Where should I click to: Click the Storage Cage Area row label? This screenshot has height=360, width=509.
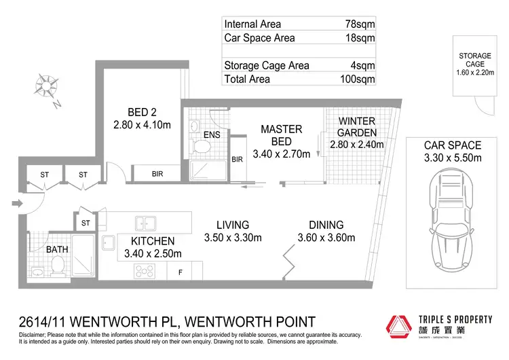pyautogui.click(x=267, y=65)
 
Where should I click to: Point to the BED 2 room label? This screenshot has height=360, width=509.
pyautogui.click(x=142, y=112)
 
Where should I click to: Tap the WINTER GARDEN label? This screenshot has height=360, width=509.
pyautogui.click(x=356, y=127)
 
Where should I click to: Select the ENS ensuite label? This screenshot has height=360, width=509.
pyautogui.click(x=212, y=134)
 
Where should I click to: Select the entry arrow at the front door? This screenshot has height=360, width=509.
pyautogui.click(x=15, y=202)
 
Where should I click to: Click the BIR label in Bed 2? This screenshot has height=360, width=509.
pyautogui.click(x=157, y=175)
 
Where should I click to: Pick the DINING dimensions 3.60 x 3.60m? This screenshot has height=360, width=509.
pyautogui.click(x=326, y=238)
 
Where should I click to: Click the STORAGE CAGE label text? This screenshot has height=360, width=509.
pyautogui.click(x=476, y=60)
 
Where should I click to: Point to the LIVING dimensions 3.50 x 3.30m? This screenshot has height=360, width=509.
pyautogui.click(x=233, y=238)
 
